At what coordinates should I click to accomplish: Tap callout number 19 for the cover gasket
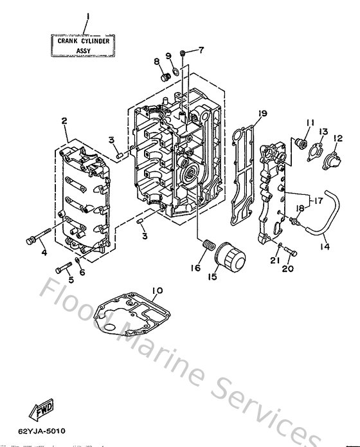coord(262,113)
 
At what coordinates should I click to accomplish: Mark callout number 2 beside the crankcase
coord(64,120)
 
